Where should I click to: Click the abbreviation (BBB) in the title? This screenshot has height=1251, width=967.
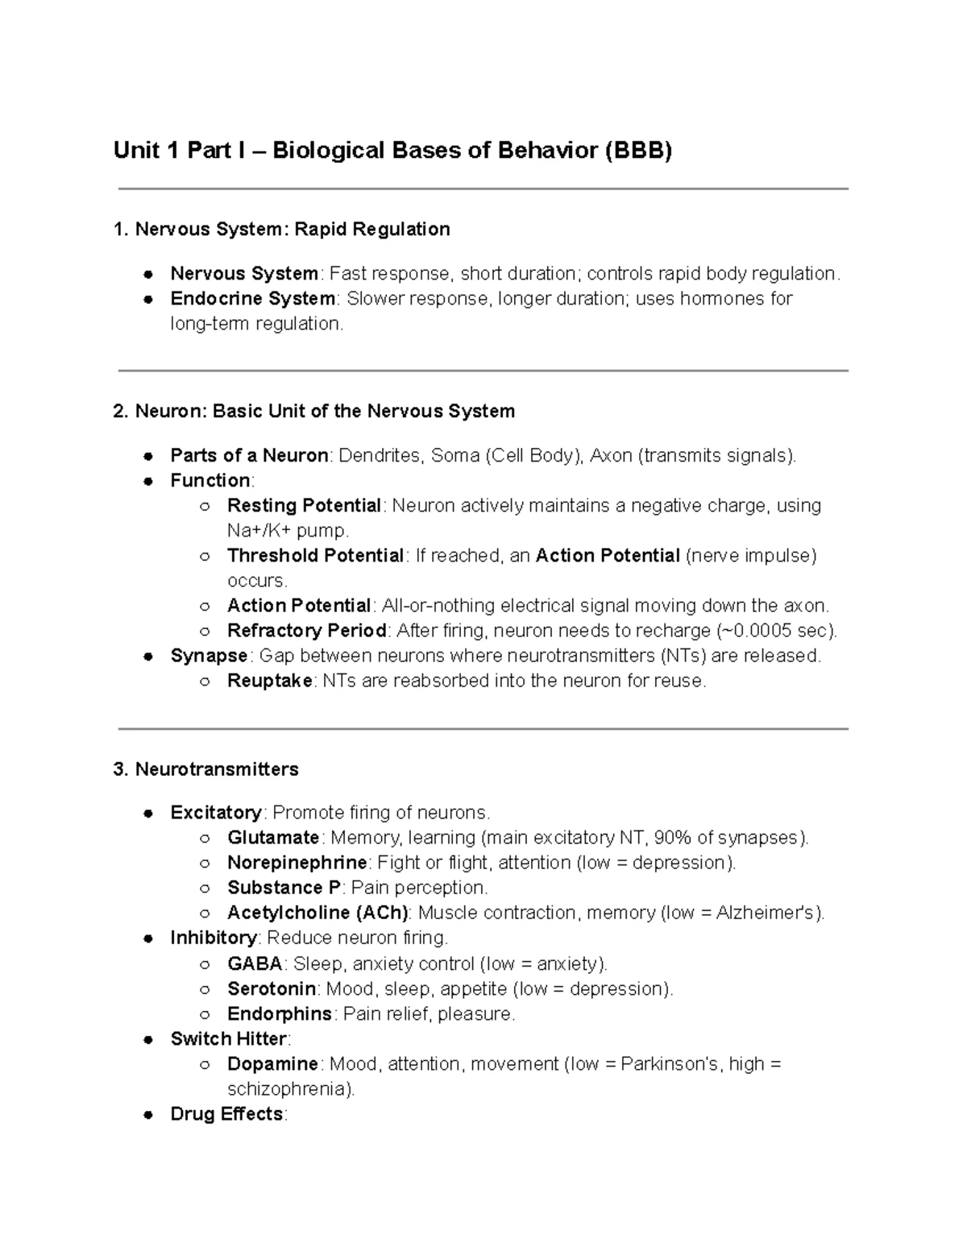(638, 151)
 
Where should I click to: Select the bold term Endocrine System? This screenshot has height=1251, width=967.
(252, 299)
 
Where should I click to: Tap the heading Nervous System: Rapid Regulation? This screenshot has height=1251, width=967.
(292, 230)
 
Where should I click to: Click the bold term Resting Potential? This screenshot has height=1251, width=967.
(304, 506)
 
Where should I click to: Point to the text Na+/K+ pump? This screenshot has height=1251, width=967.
(288, 531)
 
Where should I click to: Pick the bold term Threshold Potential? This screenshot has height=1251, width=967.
(315, 556)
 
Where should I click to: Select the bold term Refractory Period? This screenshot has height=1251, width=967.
(306, 631)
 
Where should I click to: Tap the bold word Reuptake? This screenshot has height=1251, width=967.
(270, 681)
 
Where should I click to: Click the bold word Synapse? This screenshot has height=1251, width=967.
(209, 656)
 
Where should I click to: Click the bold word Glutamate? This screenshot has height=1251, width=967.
(273, 838)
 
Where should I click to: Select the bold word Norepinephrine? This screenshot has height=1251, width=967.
(297, 863)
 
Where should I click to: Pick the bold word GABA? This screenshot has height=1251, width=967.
(255, 964)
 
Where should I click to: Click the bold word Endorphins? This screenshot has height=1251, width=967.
(280, 1014)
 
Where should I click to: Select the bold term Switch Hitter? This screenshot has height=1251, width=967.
(229, 1039)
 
